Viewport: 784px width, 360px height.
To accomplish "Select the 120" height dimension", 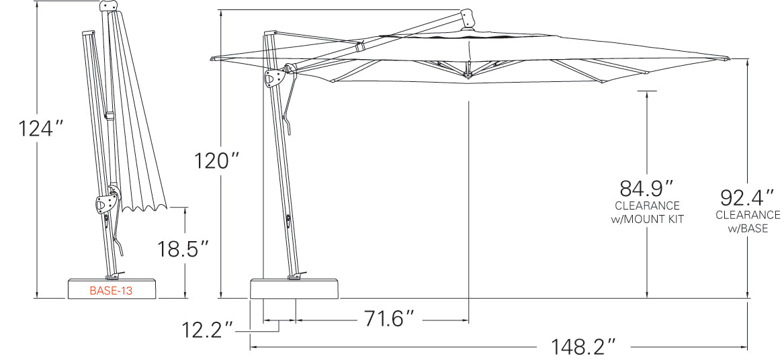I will [x=217, y=161].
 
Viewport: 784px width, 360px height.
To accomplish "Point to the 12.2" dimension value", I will [x=208, y=330].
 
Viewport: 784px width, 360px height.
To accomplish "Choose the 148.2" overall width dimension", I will [x=584, y=347].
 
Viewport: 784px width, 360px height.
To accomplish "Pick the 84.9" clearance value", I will [x=647, y=187].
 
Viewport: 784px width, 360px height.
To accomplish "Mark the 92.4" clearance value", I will [x=748, y=197].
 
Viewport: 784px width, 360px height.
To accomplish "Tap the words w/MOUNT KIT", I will [x=647, y=219].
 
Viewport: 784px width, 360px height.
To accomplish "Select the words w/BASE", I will [x=748, y=228].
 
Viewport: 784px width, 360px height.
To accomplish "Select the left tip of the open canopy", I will [x=212, y=58].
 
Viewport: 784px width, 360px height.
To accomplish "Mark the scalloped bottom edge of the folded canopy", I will [x=144, y=206].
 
